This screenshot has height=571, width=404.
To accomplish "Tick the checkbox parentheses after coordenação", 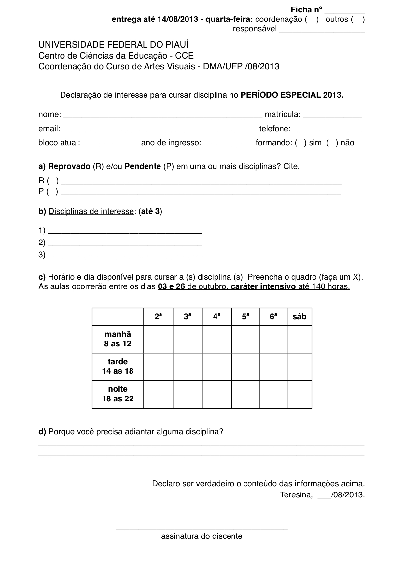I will pyautogui.click(x=312, y=20).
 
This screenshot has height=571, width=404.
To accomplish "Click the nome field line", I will pyautogui.click(x=162, y=115).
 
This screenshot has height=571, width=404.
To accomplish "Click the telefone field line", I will pyautogui.click(x=327, y=130).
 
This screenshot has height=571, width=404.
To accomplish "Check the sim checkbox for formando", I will pyautogui.click(x=300, y=143).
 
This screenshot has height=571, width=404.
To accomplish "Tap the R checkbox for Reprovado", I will pyautogui.click(x=52, y=181).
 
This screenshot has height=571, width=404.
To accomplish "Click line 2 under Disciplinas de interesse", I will pyautogui.click(x=125, y=244).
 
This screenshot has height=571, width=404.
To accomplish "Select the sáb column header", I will pyautogui.click(x=299, y=317).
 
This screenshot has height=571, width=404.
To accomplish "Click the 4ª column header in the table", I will pyautogui.click(x=217, y=317).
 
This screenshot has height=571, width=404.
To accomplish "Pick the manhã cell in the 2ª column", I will pyautogui.click(x=158, y=339).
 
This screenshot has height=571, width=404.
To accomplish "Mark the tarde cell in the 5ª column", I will pyautogui.click(x=245, y=367).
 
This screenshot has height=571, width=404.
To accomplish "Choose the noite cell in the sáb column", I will pyautogui.click(x=299, y=394).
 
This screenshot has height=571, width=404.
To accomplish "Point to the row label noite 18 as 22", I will pyautogui.click(x=118, y=394).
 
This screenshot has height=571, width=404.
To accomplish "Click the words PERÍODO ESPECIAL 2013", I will pyautogui.click(x=292, y=95).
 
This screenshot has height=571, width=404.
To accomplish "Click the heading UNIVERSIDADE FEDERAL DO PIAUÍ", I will pyautogui.click(x=113, y=45).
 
